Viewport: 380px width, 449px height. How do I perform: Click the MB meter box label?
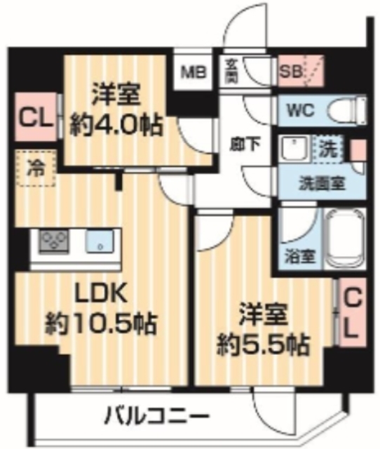point(192,71)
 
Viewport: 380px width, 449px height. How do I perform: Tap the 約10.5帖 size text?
point(102,323)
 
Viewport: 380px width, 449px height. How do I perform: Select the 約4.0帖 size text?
point(116,126)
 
